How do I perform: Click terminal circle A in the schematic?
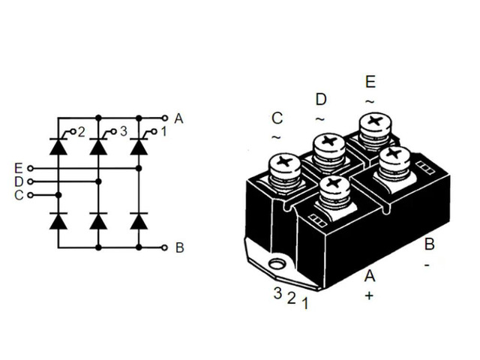pos(165,118)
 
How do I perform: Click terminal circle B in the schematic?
pos(165,247)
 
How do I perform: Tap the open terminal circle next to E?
pos(30,168)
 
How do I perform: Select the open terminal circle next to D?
pos(30,181)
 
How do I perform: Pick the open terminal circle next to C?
pos(30,195)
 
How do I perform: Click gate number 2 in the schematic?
pos(81,132)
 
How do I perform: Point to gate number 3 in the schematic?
pos(123,131)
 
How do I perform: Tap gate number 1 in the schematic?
pos(163,131)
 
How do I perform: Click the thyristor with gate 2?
pos(58,146)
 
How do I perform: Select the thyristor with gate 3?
pos(98,146)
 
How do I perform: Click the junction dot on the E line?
pos(139,168)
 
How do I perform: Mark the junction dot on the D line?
pos(98,181)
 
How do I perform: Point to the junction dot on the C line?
pos(58,195)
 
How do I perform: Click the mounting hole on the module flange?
pos(277,263)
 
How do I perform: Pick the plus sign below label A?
pos(369,295)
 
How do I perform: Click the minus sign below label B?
pos(427,265)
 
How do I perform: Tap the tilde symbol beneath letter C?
pos(276,137)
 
